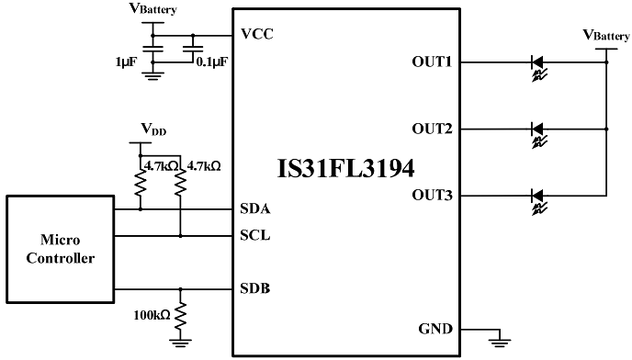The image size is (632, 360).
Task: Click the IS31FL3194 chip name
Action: pos(345,170)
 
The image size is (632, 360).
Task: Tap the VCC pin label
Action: pos(256,35)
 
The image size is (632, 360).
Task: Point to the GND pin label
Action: pos(436,329)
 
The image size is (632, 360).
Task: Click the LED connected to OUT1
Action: pos(538,63)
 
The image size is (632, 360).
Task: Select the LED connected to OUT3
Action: pos(538,196)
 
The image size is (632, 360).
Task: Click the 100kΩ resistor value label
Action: pos(150,315)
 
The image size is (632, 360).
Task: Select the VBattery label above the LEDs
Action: pos(606,35)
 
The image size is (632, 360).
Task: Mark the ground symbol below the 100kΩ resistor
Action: pos(181,343)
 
